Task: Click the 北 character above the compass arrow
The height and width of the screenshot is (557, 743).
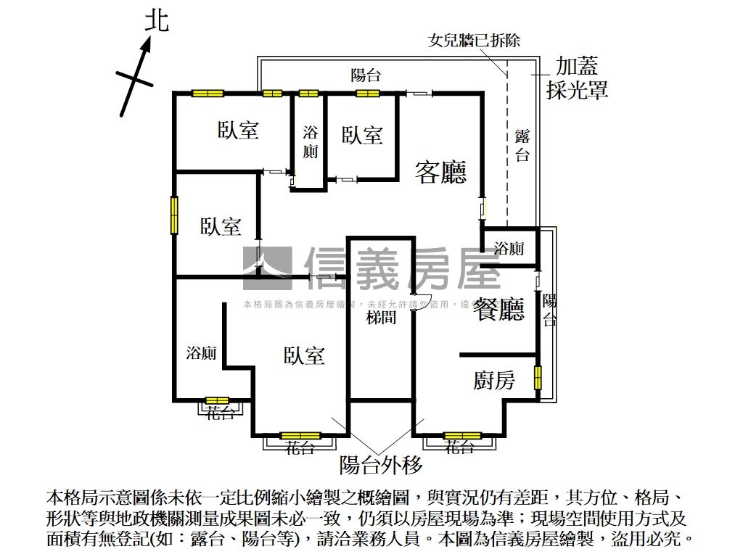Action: pyautogui.click(x=156, y=20)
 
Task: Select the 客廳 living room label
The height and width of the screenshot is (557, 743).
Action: pyautogui.click(x=440, y=172)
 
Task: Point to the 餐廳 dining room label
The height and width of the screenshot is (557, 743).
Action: pyautogui.click(x=498, y=310)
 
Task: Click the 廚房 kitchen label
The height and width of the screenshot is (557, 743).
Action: pyautogui.click(x=494, y=379)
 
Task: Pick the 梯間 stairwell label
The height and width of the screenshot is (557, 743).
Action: pyautogui.click(x=381, y=317)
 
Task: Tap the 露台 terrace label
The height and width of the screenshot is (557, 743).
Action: pyautogui.click(x=522, y=145)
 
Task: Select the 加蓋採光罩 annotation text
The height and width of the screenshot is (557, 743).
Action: pyautogui.click(x=577, y=78)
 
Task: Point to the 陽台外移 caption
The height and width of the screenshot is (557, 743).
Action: pyautogui.click(x=381, y=464)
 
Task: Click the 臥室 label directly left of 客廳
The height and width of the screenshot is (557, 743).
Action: pyautogui.click(x=362, y=135)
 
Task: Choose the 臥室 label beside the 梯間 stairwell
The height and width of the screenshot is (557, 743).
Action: pyautogui.click(x=304, y=355)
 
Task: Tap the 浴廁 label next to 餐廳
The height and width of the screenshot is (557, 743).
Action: pyautogui.click(x=509, y=249)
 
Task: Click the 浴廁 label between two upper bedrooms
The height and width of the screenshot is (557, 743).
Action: pyautogui.click(x=310, y=142)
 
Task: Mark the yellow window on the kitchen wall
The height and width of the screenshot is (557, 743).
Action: pyautogui.click(x=538, y=378)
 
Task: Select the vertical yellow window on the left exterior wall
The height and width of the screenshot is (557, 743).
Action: pyautogui.click(x=174, y=215)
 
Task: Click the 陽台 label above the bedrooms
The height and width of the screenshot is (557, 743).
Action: pyautogui.click(x=366, y=75)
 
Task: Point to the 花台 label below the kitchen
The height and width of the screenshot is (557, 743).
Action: pyautogui.click(x=461, y=447)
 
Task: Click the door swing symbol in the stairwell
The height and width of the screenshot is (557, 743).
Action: pyautogui.click(x=421, y=301)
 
